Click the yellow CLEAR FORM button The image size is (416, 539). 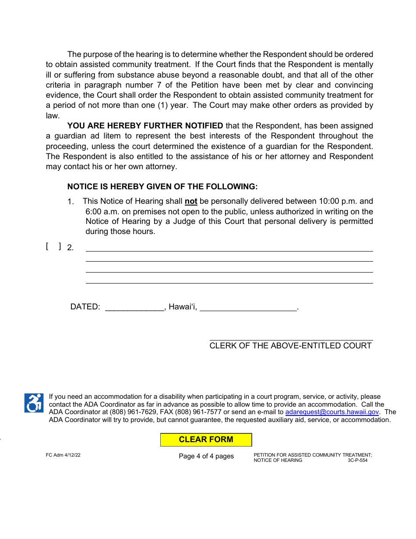(x=206, y=440)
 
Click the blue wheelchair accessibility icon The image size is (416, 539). (x=34, y=403)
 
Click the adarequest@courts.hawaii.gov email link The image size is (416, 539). (x=332, y=412)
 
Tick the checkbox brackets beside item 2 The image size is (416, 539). (x=53, y=247)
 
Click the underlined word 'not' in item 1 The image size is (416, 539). (x=191, y=202)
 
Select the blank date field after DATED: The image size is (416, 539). (x=134, y=307)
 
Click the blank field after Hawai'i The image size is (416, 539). (x=248, y=307)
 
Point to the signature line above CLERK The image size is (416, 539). (x=291, y=340)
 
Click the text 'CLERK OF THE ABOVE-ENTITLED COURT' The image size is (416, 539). (x=290, y=346)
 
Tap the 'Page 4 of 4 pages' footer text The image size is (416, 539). (x=206, y=456)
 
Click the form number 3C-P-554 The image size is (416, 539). (x=357, y=460)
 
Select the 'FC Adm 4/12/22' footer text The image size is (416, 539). (x=63, y=455)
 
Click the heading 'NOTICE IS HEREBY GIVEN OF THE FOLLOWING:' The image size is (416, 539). (x=162, y=187)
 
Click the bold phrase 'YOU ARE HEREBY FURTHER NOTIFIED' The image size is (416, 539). (x=145, y=126)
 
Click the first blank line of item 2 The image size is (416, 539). (x=229, y=248)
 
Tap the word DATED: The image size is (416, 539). (x=85, y=307)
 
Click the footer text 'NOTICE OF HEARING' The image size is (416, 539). (x=278, y=460)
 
